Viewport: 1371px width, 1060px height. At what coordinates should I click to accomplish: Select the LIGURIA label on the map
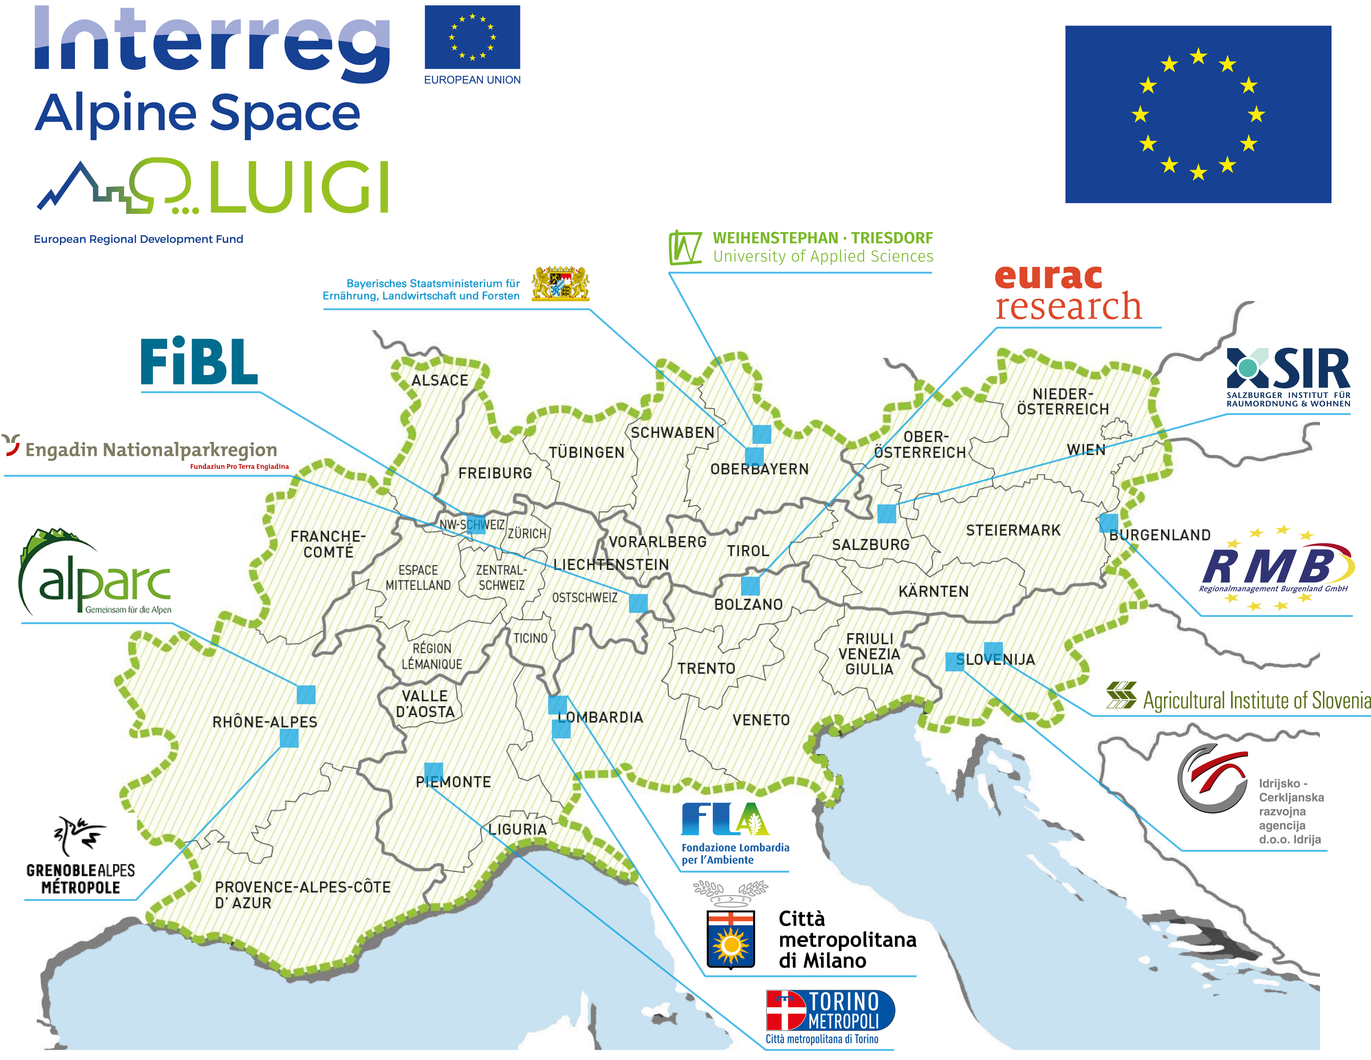tap(517, 830)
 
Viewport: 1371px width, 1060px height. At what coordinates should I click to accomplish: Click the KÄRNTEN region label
tap(933, 592)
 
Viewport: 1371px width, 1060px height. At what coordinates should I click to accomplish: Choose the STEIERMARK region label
tap(1013, 531)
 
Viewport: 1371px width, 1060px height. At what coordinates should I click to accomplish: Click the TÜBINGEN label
tap(586, 453)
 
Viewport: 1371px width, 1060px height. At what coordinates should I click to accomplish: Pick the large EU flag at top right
tap(1198, 114)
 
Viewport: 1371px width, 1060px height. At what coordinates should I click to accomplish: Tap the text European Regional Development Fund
tap(138, 239)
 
